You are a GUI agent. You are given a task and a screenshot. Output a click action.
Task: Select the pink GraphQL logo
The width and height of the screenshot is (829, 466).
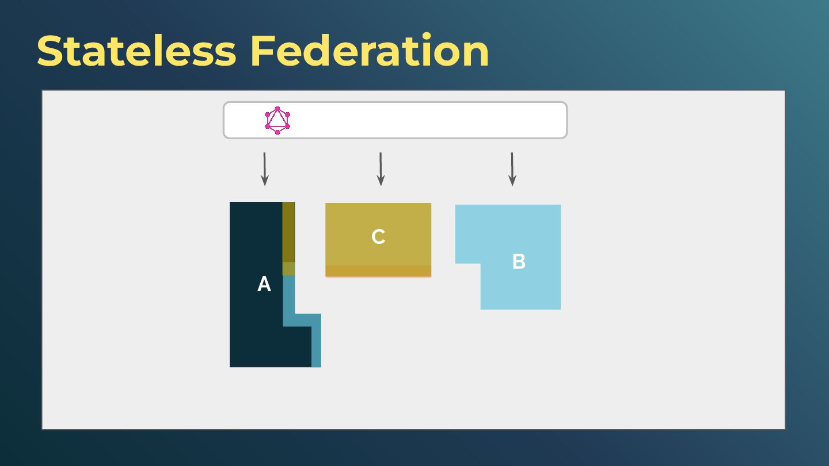tap(277, 120)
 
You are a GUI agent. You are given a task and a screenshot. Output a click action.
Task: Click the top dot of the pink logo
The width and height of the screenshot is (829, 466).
tap(277, 109)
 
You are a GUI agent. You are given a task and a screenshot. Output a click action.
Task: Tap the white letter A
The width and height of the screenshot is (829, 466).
tap(264, 284)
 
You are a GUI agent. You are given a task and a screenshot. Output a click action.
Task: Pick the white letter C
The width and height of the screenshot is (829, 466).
tap(378, 237)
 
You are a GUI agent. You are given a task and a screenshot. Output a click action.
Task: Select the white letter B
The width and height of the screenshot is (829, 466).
tap(519, 262)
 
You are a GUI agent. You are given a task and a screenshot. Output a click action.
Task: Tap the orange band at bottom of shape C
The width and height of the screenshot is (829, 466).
tap(378, 270)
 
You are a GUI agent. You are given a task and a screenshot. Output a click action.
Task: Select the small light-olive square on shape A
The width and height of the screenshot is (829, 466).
tap(288, 269)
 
